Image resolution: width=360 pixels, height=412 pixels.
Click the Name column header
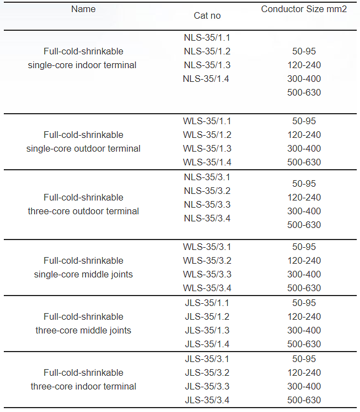point(83,9)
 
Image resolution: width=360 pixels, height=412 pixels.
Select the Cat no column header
point(207,15)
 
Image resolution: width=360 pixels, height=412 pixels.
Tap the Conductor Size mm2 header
point(303,9)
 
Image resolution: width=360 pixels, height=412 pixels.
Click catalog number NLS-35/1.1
point(207,38)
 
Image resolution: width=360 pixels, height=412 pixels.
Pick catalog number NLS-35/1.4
point(206,79)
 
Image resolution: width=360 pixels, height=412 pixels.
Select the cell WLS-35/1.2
point(207,135)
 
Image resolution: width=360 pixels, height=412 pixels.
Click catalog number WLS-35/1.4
point(207,162)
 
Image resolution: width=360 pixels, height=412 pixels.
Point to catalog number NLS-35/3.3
point(207,204)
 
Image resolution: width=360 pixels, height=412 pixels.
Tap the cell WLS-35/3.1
point(207,247)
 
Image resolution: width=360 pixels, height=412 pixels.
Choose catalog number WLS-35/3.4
point(207,288)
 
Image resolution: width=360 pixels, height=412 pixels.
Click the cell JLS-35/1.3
point(207,330)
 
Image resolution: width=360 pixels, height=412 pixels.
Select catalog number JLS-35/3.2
point(207,372)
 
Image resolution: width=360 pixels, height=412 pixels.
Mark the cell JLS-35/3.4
point(207,400)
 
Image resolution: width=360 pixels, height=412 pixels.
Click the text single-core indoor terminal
point(82,65)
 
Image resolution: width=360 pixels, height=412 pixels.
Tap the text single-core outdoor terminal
point(83,148)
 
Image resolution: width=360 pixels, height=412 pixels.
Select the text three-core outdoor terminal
point(83,211)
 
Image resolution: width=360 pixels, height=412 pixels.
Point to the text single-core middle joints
point(83,274)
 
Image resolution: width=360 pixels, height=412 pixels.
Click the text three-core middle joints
point(83,330)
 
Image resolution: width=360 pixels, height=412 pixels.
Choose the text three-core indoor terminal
point(83,386)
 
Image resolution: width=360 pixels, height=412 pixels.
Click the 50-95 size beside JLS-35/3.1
point(303,359)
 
